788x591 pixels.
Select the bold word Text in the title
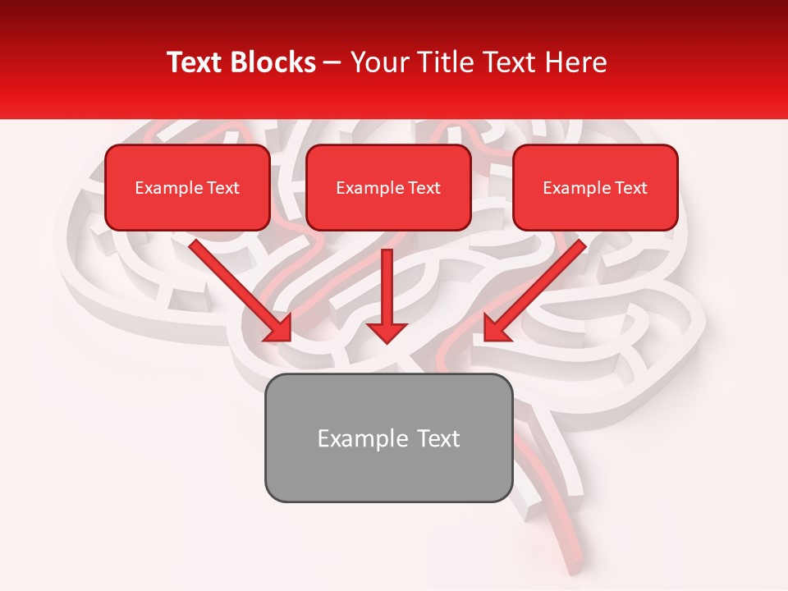coord(197,62)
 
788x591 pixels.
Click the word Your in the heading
coord(375,62)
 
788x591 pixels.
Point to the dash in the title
coord(332,63)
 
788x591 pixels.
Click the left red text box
coord(187,188)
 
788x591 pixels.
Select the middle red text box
coord(388,188)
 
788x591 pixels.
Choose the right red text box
coord(595,188)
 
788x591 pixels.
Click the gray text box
coord(388,438)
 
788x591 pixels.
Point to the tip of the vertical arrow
coord(387,341)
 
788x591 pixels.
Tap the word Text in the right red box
coord(630,188)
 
